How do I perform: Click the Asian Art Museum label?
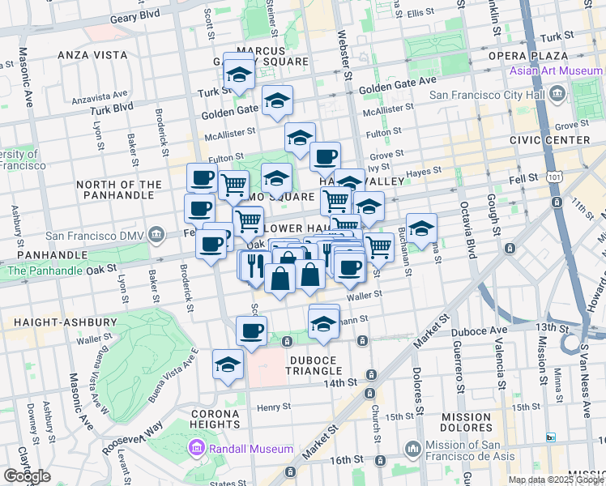click(x=556, y=71)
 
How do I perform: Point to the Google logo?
click(x=27, y=476)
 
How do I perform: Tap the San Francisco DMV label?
click(x=93, y=237)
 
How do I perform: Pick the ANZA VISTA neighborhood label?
click(x=92, y=55)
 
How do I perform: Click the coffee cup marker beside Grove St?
click(x=326, y=156)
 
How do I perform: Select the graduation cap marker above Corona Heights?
click(x=228, y=364)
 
